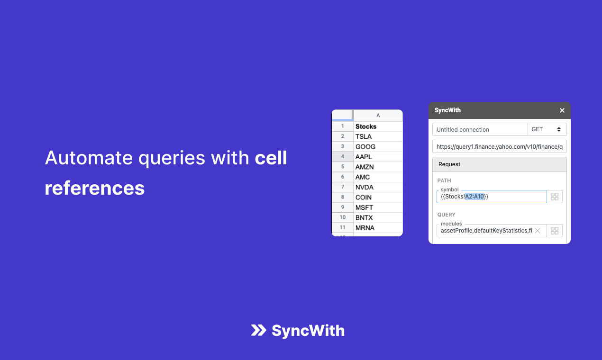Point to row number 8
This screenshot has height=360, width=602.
342,197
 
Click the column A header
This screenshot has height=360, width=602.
378,115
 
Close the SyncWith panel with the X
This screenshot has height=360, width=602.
562,110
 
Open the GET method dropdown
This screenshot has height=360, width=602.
547,129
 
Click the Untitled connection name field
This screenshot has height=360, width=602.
480,129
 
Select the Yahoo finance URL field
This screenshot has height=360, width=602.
499,147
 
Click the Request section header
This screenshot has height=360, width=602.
499,164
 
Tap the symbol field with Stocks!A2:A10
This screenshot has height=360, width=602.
492,197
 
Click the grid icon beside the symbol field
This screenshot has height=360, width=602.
555,197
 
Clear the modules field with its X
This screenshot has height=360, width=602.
538,231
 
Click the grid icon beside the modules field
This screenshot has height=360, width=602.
555,231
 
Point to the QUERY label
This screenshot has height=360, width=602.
447,215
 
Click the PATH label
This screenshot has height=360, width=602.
444,180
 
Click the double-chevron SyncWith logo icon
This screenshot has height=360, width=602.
258,330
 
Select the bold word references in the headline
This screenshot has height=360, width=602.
95,188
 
